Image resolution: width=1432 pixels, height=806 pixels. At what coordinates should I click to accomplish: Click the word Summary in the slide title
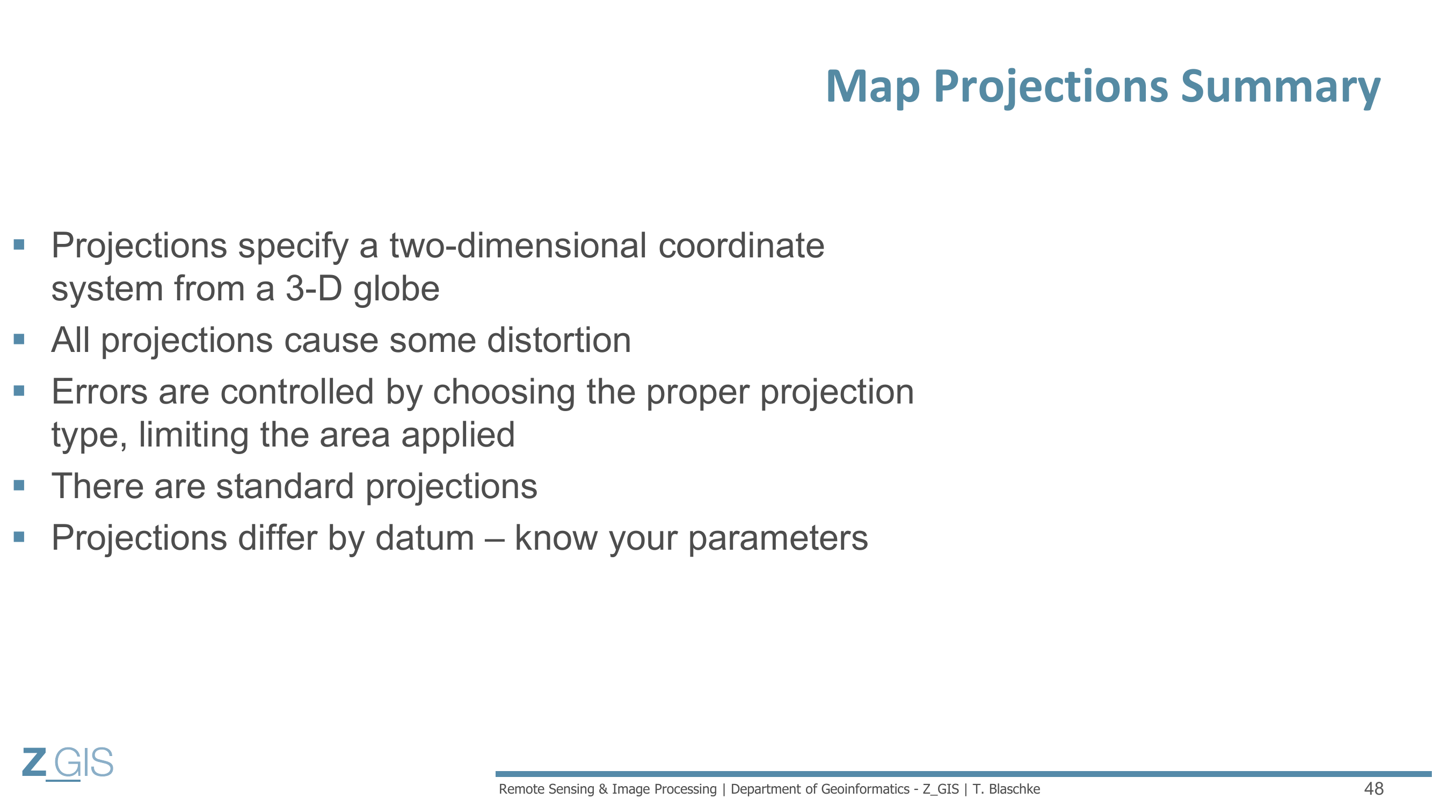pos(1280,88)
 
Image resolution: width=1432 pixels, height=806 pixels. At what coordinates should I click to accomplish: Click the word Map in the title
pos(873,88)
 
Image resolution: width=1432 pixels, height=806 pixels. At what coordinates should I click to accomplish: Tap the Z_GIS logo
pos(68,764)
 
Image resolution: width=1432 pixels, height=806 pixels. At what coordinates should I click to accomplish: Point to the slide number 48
pos(1373,788)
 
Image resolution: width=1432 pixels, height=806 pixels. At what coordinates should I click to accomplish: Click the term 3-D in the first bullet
pos(314,288)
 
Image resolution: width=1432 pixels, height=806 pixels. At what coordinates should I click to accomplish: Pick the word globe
pos(396,289)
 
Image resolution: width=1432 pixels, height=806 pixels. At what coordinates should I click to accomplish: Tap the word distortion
pos(559,340)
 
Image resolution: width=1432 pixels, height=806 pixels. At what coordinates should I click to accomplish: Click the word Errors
pos(99,392)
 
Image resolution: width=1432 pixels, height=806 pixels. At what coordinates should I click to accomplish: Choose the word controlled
pos(297,392)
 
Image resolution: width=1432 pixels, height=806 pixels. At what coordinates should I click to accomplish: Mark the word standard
pos(285,486)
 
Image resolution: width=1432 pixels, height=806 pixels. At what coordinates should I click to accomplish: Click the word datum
pos(425,538)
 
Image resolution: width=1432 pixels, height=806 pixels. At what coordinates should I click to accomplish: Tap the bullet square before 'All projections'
pos(19,339)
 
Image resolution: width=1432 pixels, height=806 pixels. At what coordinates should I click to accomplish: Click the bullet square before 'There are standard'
pos(19,485)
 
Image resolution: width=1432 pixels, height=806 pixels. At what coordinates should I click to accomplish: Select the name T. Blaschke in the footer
pos(1006,789)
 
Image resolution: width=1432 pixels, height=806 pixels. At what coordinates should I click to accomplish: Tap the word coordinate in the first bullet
pos(741,246)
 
